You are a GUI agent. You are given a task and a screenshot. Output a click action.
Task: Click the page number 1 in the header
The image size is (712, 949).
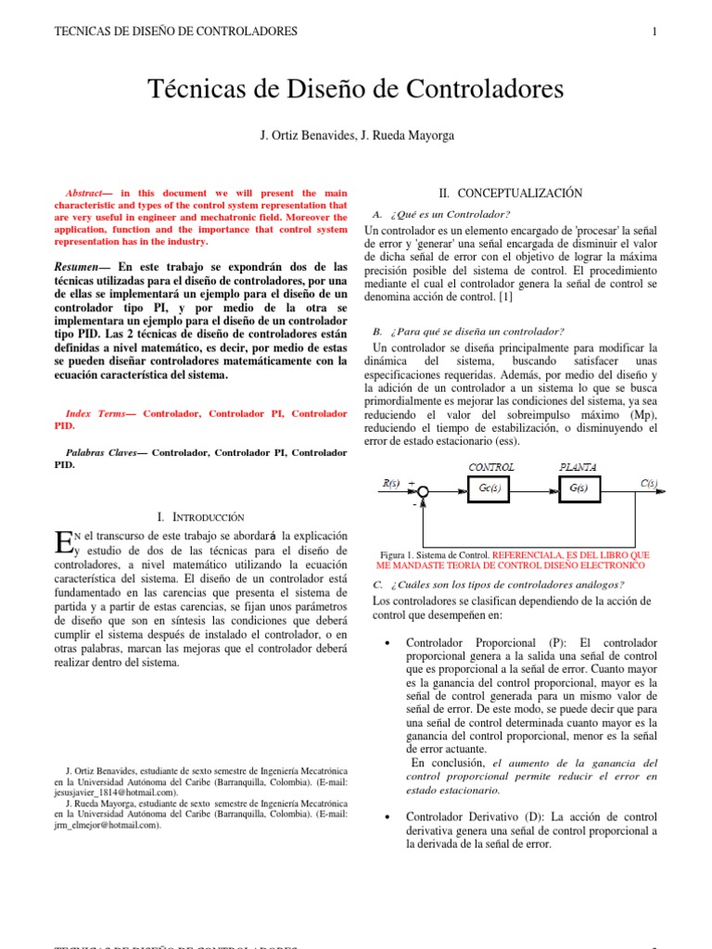click(x=655, y=32)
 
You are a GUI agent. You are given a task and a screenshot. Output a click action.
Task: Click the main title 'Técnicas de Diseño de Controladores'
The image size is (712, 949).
click(x=356, y=90)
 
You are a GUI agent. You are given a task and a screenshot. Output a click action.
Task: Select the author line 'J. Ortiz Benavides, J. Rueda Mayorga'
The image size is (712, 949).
click(x=356, y=136)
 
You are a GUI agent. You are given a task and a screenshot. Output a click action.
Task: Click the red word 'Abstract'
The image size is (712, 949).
click(x=89, y=193)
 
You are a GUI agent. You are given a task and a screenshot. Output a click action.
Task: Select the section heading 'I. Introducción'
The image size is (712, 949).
click(x=201, y=516)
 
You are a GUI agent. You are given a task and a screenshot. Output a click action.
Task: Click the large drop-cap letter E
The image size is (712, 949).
click(x=63, y=543)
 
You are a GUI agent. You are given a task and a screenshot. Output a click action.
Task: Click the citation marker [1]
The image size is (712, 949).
click(x=502, y=297)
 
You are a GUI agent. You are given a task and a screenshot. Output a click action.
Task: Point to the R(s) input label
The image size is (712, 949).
click(x=391, y=483)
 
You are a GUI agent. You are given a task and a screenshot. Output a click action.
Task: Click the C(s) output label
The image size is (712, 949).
click(x=649, y=483)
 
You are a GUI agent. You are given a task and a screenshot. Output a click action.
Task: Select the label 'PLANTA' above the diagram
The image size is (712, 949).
click(x=578, y=467)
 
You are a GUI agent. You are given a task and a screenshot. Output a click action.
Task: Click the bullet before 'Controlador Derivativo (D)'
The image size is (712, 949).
click(x=385, y=817)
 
